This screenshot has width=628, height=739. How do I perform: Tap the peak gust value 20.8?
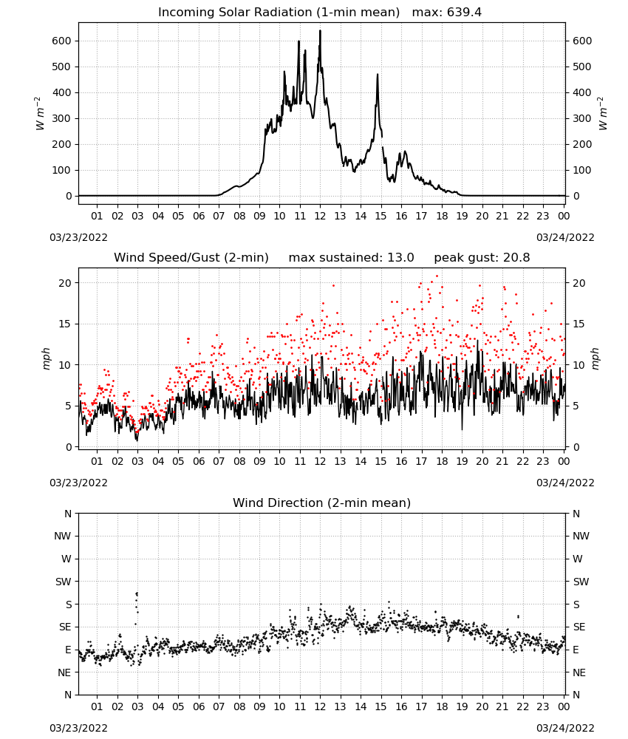(514, 258)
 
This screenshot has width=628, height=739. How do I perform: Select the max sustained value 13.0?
(400, 258)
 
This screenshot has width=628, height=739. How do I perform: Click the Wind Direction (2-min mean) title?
(322, 503)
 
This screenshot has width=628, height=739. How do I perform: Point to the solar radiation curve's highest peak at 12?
(321, 30)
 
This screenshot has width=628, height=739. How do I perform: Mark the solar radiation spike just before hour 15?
(378, 75)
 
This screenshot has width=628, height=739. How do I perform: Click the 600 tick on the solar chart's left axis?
(62, 41)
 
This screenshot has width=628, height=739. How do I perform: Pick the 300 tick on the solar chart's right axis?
(582, 119)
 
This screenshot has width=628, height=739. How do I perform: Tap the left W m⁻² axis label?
(40, 114)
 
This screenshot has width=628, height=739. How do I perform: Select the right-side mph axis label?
(595, 358)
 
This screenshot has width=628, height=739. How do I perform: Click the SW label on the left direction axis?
(63, 582)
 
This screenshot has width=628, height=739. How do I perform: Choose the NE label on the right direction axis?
(579, 672)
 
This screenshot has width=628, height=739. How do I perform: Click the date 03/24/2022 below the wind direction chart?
(565, 728)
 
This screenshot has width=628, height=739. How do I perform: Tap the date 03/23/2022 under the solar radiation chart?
(78, 237)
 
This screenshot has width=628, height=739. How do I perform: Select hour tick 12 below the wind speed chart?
(321, 461)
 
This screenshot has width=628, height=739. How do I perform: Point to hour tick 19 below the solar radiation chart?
(463, 216)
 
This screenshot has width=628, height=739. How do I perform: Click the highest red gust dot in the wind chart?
(437, 276)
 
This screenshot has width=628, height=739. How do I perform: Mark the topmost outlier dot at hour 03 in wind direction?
(137, 593)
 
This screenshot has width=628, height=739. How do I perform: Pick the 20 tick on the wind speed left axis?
(66, 283)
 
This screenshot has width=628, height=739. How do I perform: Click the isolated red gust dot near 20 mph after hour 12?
(333, 285)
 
